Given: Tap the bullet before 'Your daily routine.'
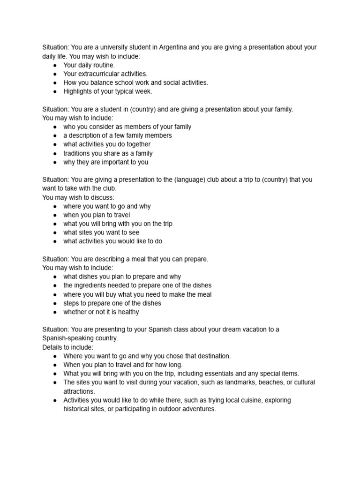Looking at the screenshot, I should click(x=55, y=65).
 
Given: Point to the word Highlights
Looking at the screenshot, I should click(x=79, y=91).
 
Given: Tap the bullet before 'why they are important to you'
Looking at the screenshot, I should click(x=55, y=162).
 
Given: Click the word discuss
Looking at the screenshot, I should click(x=103, y=197).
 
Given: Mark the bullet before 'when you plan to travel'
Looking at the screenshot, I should click(x=55, y=215).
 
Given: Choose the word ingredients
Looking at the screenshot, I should click(x=94, y=285).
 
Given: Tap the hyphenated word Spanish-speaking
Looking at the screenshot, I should click(x=68, y=338).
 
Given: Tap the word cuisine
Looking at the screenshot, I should click(x=226, y=400).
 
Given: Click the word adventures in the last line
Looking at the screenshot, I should click(x=199, y=409).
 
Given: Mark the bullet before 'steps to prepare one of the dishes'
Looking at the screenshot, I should click(x=55, y=303).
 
